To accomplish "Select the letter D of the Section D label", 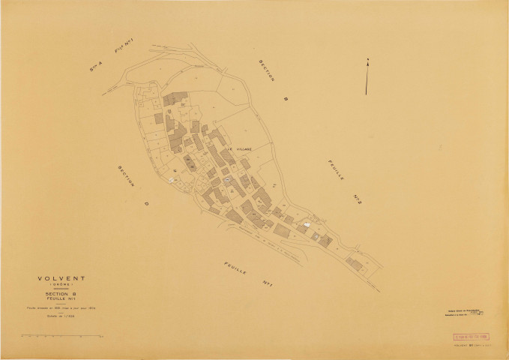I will (146, 202).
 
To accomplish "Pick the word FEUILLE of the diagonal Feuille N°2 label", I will (334, 172).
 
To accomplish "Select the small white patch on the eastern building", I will (306, 224).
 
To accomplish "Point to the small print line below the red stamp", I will (469, 347).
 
